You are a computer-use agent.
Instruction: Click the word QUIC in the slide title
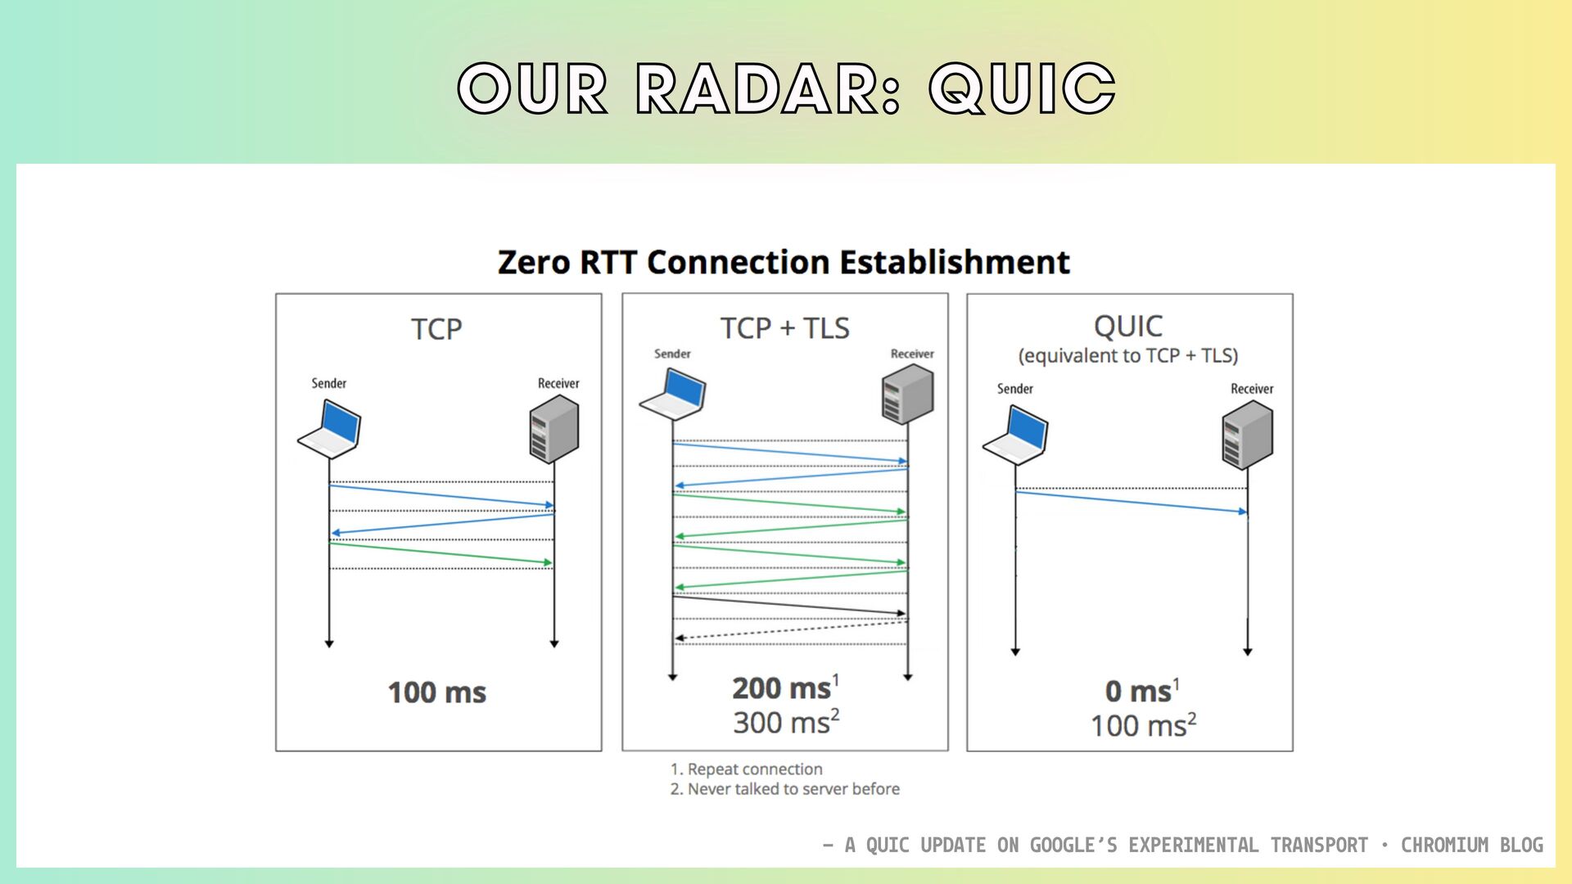pos(1022,88)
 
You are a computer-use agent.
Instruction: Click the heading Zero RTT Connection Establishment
pos(784,262)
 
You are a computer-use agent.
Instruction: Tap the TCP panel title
pos(436,329)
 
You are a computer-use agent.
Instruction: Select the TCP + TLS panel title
pos(784,328)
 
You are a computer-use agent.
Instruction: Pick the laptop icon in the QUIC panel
pos(1015,435)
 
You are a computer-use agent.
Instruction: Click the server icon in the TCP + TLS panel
pos(908,395)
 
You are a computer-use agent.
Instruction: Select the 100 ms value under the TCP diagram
pos(436,692)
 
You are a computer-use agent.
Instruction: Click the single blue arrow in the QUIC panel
pos(1131,502)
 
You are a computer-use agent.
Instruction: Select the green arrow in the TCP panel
pos(440,553)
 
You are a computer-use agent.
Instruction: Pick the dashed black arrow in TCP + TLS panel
pos(791,630)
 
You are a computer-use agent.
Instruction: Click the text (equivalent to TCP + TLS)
pos(1128,356)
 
